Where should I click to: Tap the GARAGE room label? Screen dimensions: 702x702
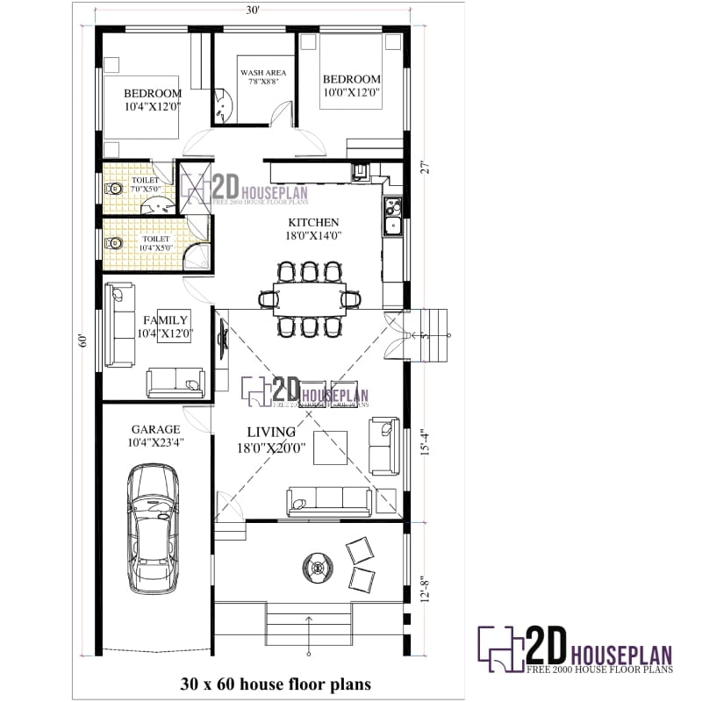(x=156, y=429)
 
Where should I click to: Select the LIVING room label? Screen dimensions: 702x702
(x=270, y=433)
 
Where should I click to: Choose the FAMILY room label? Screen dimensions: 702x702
(x=165, y=320)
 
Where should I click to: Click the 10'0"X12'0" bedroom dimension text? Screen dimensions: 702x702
(x=351, y=92)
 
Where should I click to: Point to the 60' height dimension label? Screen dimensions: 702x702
(x=82, y=340)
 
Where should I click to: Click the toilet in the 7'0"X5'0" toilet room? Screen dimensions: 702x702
(x=113, y=188)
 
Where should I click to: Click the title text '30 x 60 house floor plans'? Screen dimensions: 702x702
(x=276, y=683)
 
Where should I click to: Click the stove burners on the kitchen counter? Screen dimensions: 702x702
(x=392, y=209)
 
